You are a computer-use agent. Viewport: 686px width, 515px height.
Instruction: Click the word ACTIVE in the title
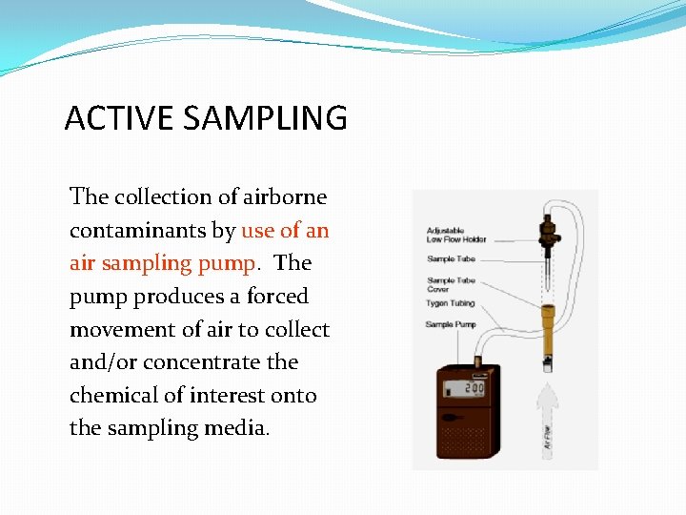(106, 119)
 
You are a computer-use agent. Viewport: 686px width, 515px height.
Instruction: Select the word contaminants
(151, 231)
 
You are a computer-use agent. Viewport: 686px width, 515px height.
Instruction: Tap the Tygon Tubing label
(450, 303)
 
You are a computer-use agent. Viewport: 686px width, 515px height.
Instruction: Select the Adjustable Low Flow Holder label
(456, 235)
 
